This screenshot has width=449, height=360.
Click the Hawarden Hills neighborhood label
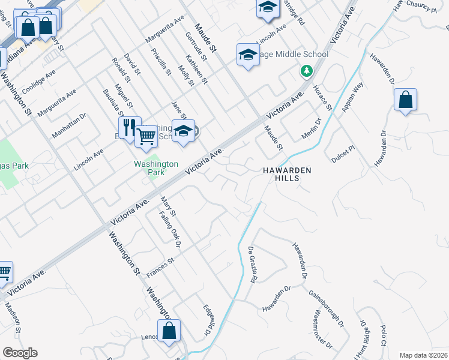(x=287, y=174)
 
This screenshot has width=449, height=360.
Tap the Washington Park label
(x=156, y=167)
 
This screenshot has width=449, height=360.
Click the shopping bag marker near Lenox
(x=169, y=331)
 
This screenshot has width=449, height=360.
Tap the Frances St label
(x=160, y=268)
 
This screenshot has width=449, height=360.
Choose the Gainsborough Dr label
(x=327, y=308)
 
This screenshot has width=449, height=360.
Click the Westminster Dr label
(x=322, y=328)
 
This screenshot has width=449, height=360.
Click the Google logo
(x=20, y=353)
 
